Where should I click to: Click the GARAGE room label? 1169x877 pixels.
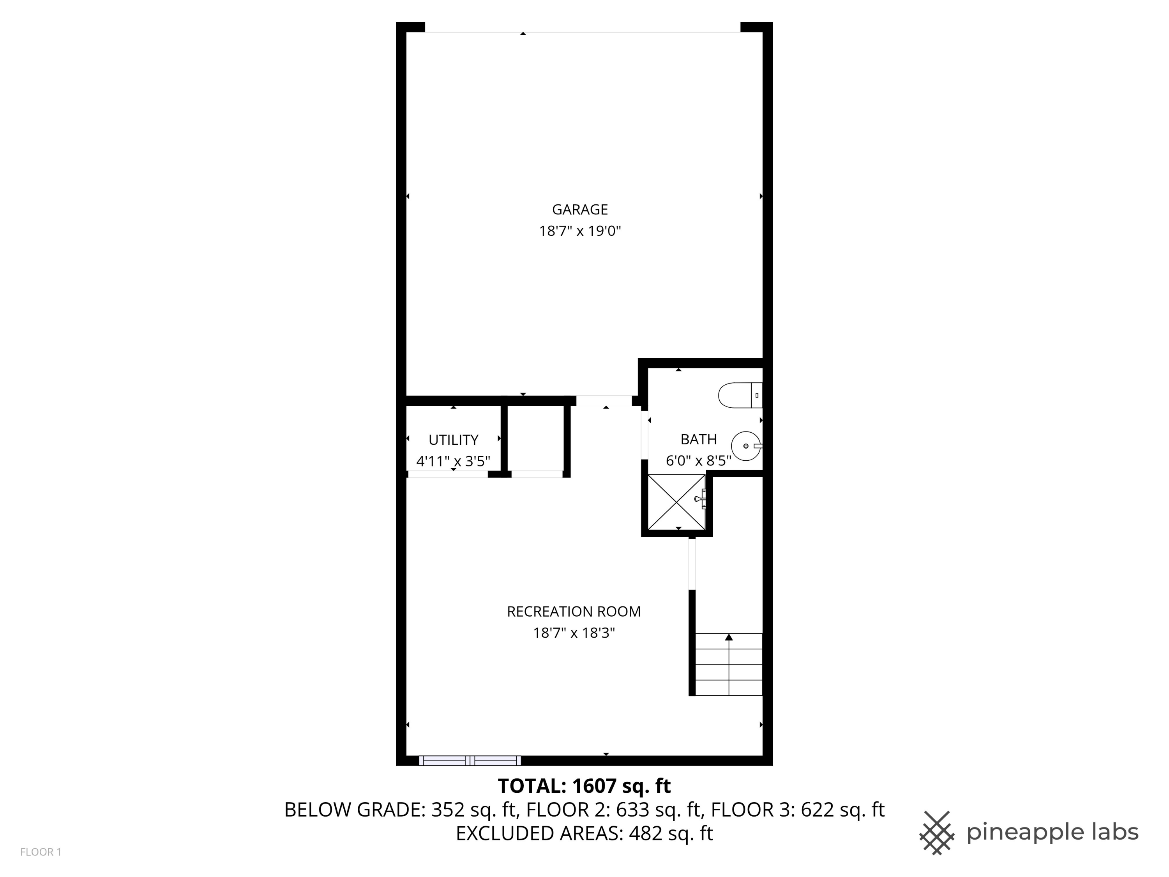[580, 210]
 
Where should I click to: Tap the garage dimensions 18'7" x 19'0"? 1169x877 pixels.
[580, 231]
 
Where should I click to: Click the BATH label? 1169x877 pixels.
[698, 439]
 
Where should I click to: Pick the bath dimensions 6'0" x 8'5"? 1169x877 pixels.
[698, 460]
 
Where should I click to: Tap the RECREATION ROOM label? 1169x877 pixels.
[574, 612]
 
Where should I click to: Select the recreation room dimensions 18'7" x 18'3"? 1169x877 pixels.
[574, 633]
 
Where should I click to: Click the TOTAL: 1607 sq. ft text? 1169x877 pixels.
[584, 786]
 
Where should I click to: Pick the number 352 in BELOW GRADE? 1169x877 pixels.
[448, 810]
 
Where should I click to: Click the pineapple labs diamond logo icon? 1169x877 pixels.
[937, 833]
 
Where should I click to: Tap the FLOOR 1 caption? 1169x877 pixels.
[41, 852]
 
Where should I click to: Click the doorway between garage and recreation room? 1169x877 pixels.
[604, 401]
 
